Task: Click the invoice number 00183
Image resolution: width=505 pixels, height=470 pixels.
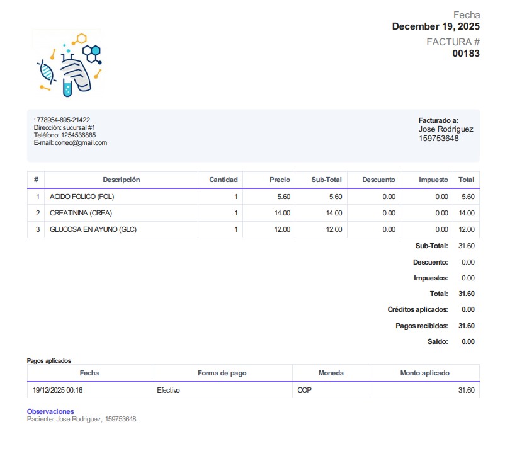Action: pos(466,54)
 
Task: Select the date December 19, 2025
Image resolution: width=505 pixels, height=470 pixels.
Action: pos(436,26)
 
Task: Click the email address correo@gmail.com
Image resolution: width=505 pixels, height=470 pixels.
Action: pos(81,143)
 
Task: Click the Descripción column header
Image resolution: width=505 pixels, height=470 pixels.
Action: pos(121,180)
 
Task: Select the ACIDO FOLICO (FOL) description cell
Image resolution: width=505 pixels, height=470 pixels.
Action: pos(82,197)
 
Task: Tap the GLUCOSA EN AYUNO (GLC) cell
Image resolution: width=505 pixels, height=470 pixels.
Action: pos(93,229)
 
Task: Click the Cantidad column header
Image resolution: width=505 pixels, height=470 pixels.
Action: pos(223,180)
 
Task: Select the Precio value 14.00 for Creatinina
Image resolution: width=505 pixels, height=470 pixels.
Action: pos(282,213)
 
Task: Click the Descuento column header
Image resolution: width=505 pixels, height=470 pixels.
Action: pos(378,180)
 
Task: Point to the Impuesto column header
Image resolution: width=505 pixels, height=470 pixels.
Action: pos(433,180)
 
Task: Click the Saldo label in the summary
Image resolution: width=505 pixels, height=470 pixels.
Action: pos(438,341)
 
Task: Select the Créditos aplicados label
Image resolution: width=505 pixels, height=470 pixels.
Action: pos(417,309)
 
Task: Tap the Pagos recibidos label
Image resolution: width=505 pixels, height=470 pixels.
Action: pos(421,326)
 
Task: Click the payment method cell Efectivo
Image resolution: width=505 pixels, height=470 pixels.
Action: pos(168,390)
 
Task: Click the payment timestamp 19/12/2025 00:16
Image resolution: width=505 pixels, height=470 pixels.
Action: pos(57,390)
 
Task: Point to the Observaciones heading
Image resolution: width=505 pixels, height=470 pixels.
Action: pos(50,411)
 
